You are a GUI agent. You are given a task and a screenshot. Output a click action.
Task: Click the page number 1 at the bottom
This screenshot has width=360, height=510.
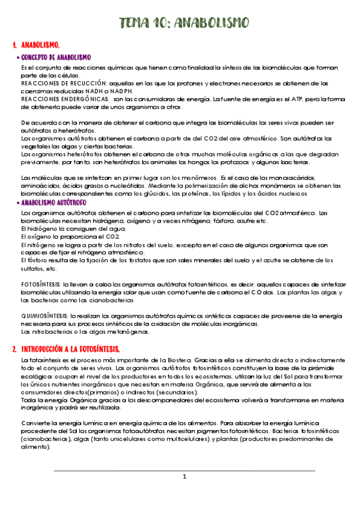click(x=185, y=477)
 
